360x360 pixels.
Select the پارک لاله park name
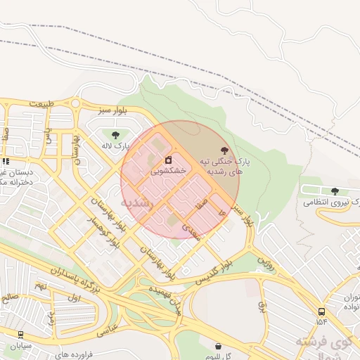tap(116, 146)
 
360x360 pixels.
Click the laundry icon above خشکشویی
tap(168, 160)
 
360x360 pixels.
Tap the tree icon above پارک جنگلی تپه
tap(224, 150)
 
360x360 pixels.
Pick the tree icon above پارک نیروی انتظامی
tap(334, 191)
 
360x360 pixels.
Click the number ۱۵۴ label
tap(322, 322)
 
